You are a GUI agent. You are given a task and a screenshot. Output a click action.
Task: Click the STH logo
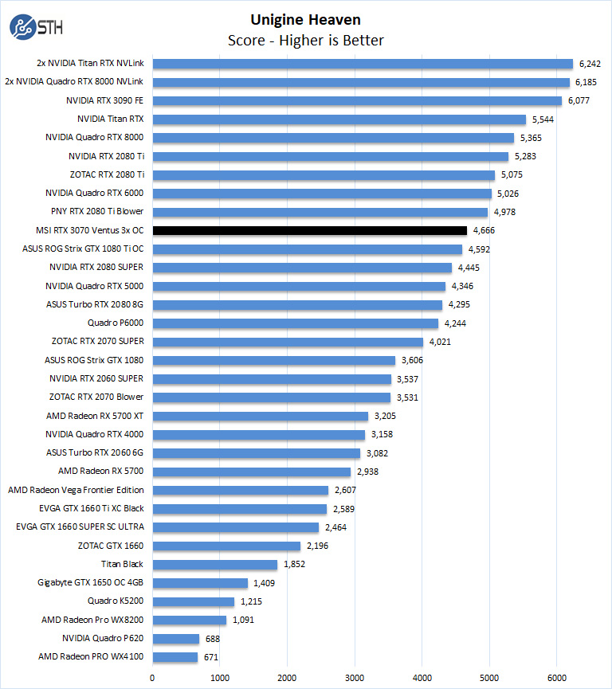click(36, 27)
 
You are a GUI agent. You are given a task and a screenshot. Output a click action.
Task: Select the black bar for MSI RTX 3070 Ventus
click(309, 230)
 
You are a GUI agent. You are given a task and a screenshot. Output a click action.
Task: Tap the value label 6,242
click(590, 64)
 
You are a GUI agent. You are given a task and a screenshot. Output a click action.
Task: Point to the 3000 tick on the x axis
click(355, 678)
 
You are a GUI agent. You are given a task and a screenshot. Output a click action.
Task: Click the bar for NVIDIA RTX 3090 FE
click(357, 100)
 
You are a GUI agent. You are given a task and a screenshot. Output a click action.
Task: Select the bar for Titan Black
click(214, 564)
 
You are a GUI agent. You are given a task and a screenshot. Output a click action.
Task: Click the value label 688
click(214, 638)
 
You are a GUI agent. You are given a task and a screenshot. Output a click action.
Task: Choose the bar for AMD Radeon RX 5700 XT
click(261, 416)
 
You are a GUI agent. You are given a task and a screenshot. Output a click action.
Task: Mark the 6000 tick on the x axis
click(557, 678)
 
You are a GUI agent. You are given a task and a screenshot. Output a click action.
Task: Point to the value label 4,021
click(441, 342)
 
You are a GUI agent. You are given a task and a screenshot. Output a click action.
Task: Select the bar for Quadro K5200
click(193, 601)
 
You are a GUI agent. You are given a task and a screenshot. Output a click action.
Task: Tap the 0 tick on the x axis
click(152, 678)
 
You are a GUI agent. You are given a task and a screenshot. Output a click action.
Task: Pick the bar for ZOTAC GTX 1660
click(226, 546)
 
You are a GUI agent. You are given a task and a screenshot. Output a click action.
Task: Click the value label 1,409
click(265, 582)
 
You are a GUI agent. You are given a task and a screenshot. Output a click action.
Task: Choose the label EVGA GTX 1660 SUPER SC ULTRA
click(80, 527)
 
